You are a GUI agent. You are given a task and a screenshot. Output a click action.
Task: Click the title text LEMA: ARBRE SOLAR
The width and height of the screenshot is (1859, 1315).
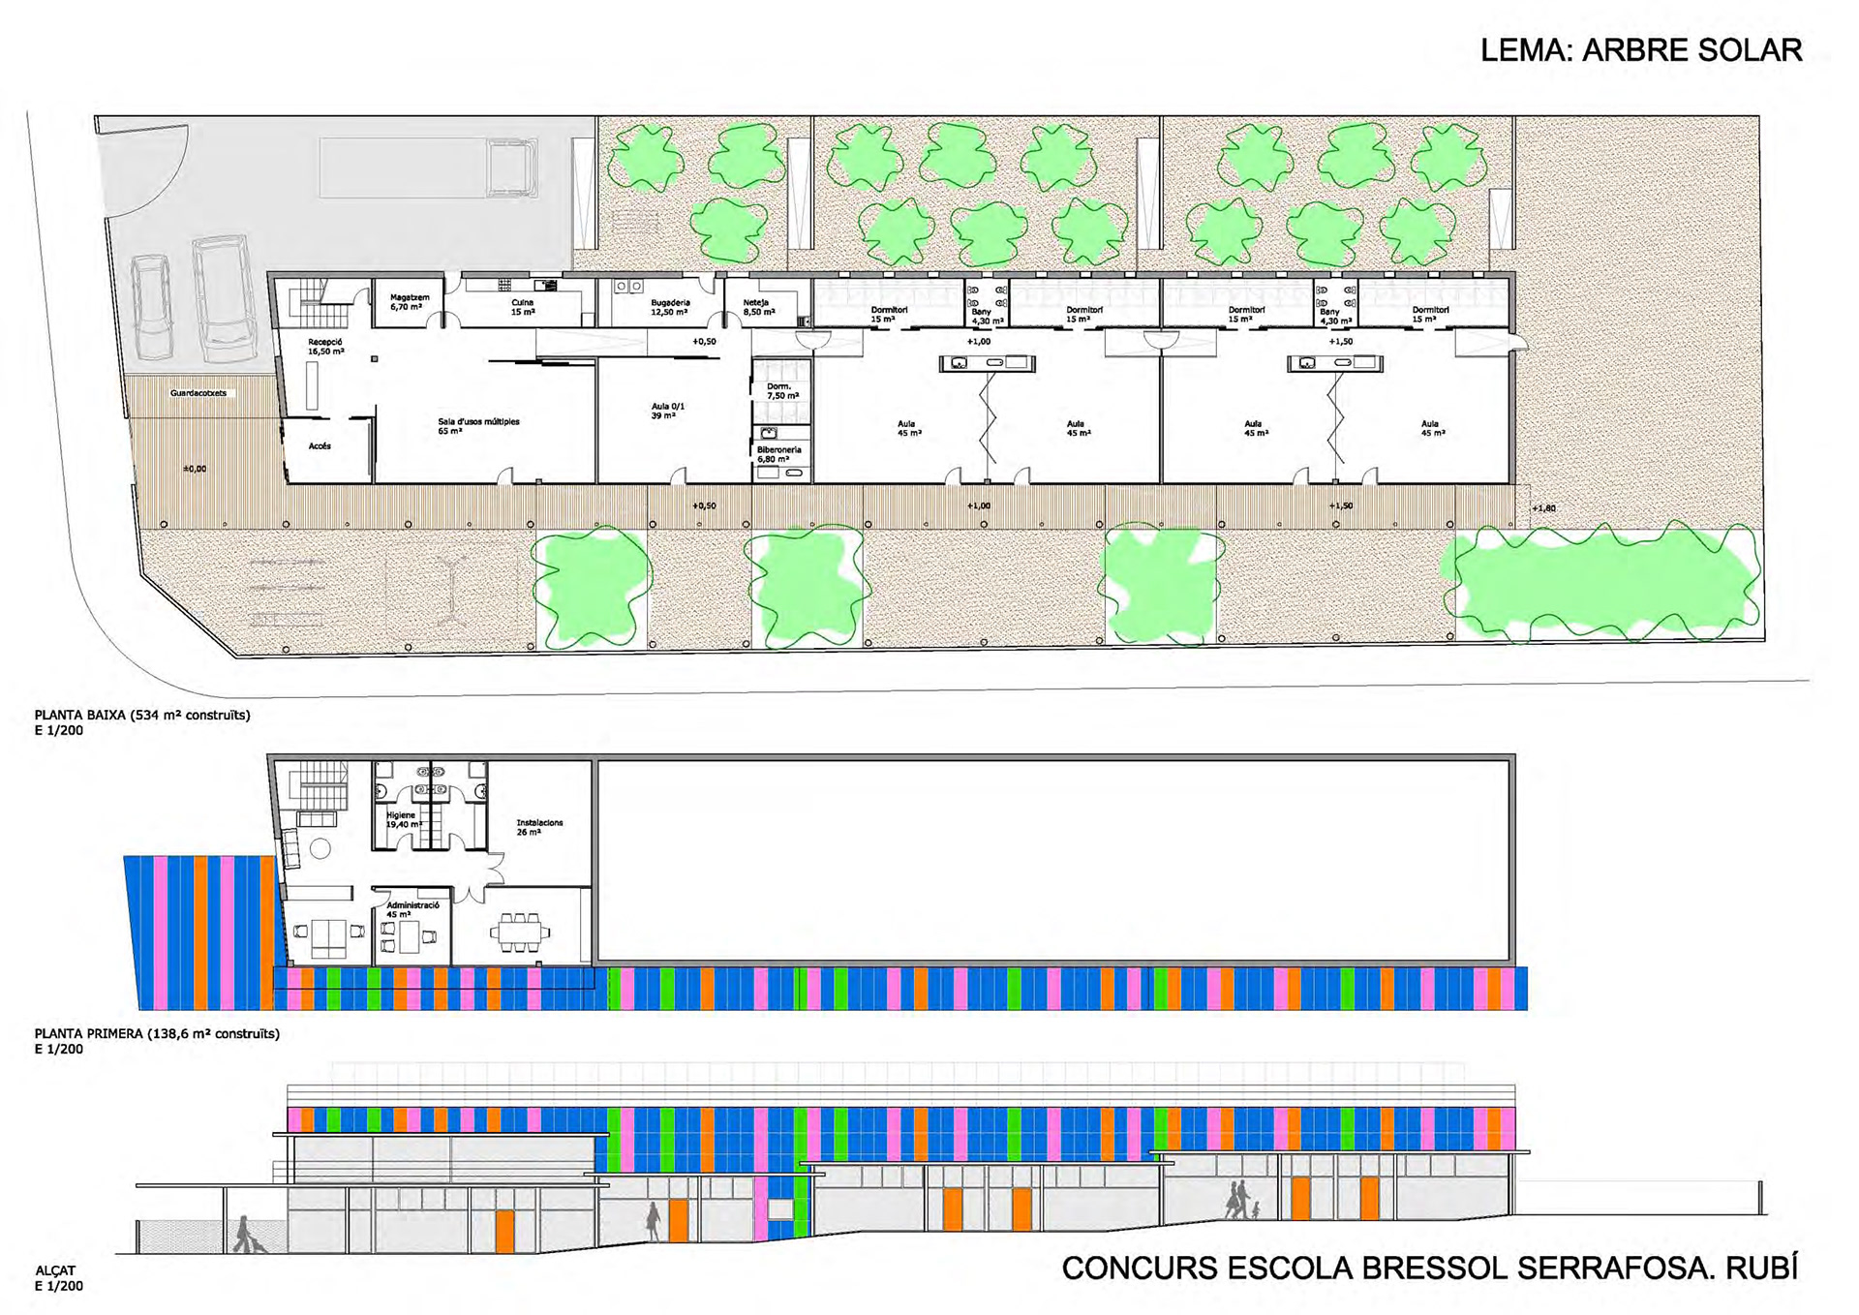1640,50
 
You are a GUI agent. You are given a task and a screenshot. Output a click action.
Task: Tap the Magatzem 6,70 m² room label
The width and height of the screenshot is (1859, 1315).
409,302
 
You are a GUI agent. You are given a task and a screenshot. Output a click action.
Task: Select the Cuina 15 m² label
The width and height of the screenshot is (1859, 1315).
523,307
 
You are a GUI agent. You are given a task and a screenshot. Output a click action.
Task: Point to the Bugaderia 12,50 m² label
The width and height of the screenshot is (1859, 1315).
669,307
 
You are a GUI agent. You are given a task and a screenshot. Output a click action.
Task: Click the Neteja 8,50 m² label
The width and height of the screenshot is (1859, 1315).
758,307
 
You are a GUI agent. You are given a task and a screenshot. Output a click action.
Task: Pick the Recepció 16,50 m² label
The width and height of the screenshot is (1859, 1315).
325,347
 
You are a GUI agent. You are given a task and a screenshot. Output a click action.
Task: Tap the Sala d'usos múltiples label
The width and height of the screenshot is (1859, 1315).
478,425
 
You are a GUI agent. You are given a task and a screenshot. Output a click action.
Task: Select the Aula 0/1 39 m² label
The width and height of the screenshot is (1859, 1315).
667,411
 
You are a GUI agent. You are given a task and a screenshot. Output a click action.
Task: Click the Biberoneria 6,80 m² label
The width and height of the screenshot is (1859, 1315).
778,454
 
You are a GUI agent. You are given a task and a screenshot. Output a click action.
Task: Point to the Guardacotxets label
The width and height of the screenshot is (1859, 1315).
198,393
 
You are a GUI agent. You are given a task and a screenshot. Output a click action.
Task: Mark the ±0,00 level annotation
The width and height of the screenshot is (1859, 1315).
195,469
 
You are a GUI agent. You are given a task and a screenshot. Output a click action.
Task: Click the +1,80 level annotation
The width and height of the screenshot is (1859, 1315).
1543,508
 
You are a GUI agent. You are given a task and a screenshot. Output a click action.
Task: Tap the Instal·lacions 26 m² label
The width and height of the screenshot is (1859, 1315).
538,827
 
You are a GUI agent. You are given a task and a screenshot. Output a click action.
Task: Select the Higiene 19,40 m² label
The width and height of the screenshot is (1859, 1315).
403,819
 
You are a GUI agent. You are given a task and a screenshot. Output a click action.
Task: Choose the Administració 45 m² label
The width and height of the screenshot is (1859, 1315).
412,909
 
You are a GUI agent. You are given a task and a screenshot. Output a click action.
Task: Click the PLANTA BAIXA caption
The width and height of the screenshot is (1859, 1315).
141,716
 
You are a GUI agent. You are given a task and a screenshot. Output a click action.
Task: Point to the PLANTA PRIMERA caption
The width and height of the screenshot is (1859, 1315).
156,1034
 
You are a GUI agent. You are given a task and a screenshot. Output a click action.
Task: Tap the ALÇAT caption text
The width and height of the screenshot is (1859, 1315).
55,1270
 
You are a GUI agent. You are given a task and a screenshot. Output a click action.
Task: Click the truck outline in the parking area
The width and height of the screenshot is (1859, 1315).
428,168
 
